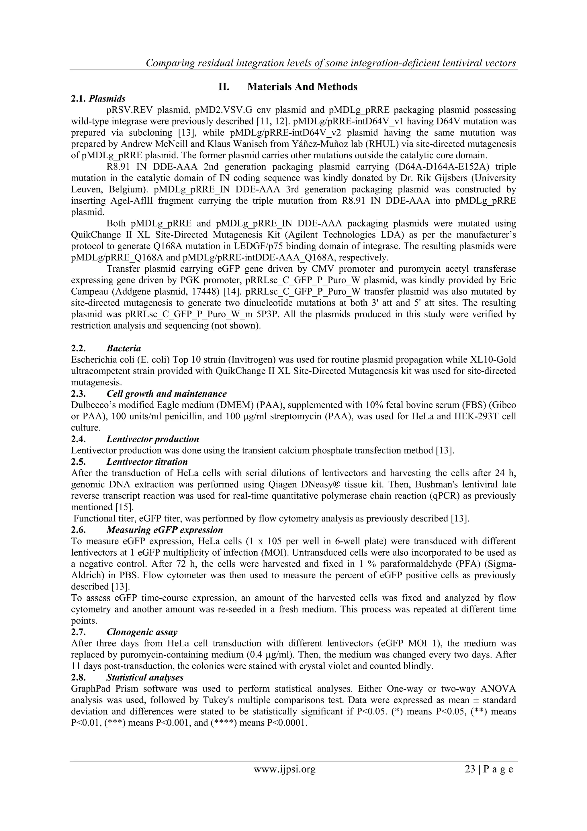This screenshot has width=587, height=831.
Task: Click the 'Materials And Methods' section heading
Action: [302, 87]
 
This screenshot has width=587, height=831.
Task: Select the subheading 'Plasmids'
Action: [107, 98]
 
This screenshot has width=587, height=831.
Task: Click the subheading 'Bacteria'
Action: [124, 348]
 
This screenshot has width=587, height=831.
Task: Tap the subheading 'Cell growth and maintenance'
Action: [167, 394]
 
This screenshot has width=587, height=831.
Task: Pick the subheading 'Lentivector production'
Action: [153, 439]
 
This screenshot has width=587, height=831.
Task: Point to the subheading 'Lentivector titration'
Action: [147, 462]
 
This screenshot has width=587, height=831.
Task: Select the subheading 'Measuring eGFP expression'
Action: [165, 530]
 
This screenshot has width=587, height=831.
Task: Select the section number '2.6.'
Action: [79, 530]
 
